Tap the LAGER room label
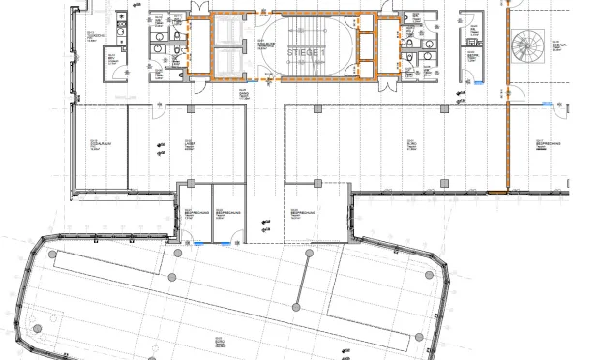pyautogui.click(x=190, y=146)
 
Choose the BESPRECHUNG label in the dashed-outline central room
pyautogui.click(x=292, y=212)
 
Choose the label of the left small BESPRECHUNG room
pyautogui.click(x=191, y=212)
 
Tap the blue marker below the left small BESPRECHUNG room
pyautogui.click(x=199, y=243)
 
